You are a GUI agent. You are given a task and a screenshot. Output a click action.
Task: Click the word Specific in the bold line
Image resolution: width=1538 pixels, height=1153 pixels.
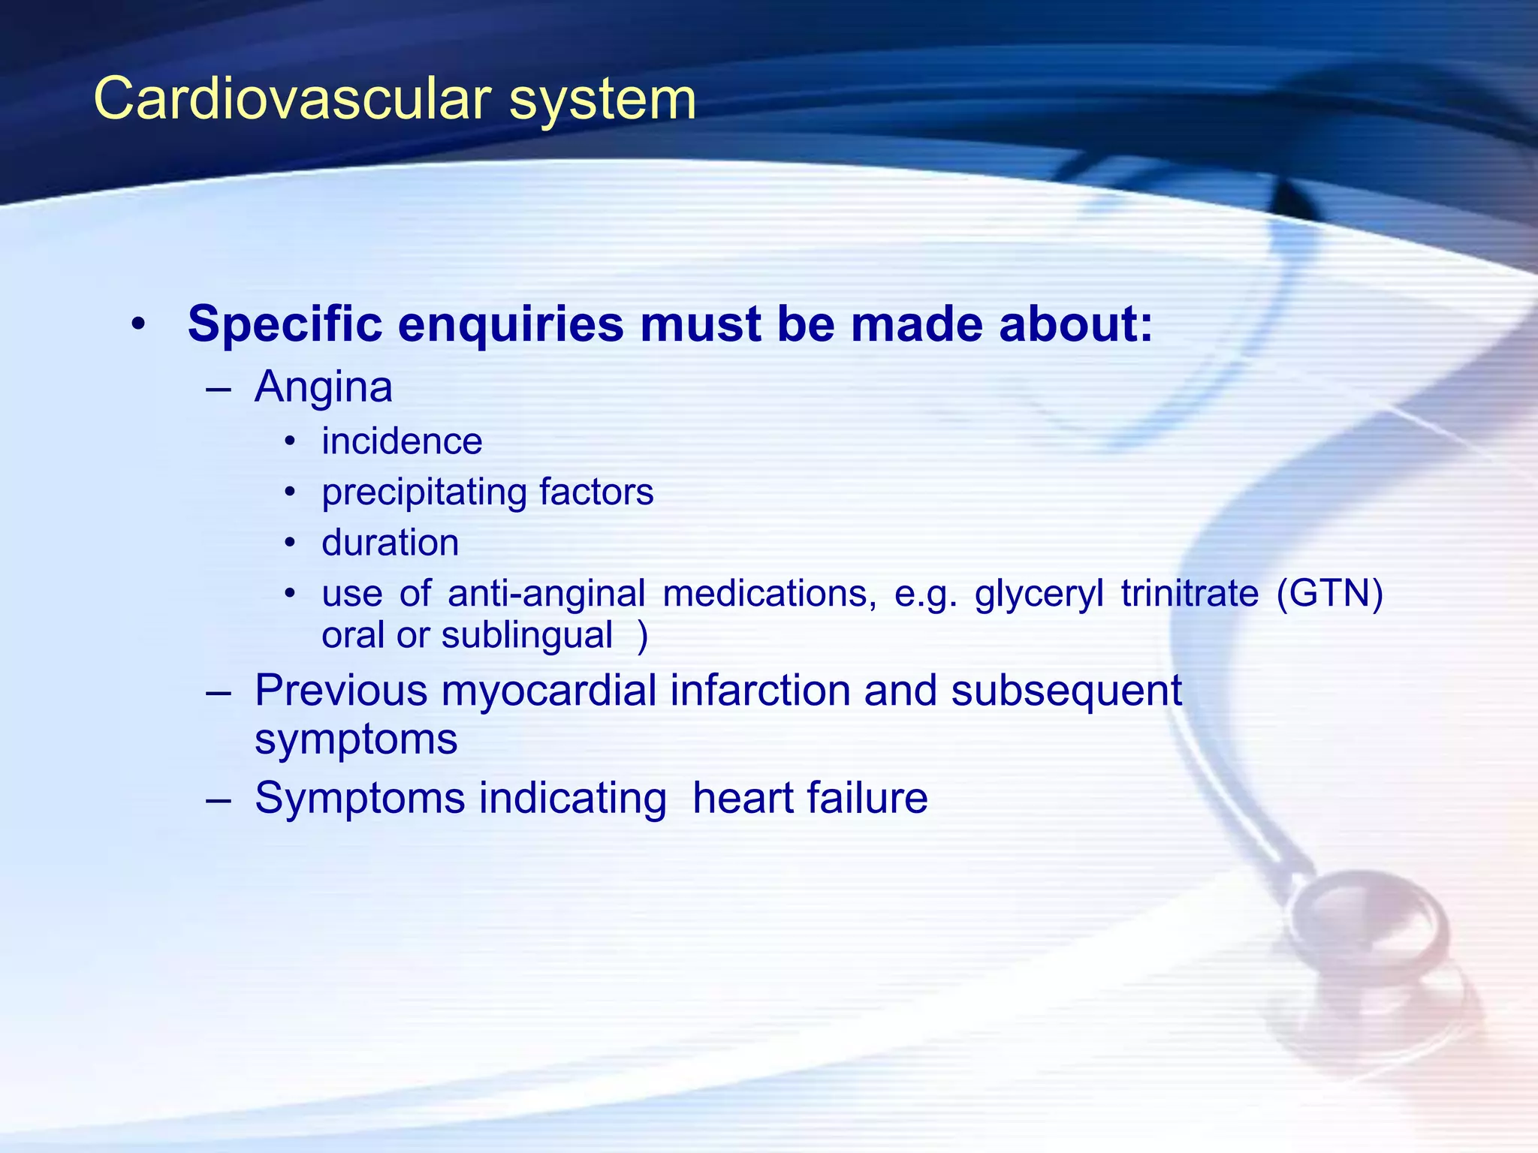[285, 324]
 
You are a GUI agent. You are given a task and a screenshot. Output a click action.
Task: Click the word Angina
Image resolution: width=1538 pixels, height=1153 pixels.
[323, 388]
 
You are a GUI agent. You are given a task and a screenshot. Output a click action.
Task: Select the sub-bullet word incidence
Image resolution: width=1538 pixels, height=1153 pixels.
[402, 441]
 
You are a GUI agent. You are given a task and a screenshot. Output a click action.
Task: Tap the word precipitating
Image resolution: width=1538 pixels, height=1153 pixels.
[424, 493]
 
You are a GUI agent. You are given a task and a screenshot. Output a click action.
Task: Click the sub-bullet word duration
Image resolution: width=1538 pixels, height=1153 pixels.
[390, 543]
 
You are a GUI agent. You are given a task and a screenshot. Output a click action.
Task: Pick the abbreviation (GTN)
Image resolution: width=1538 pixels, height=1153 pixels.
[1329, 594]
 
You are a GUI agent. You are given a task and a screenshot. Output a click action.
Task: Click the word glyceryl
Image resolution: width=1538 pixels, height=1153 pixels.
[1039, 595]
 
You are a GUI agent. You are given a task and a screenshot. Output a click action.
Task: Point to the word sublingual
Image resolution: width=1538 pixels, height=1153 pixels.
[527, 635]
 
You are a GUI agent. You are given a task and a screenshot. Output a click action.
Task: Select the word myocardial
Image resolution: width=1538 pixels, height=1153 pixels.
[548, 691]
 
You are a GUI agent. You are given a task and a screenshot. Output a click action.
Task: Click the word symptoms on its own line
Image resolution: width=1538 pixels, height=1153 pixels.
[356, 740]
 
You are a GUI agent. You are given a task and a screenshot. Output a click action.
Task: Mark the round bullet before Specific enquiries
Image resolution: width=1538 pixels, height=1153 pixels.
[137, 325]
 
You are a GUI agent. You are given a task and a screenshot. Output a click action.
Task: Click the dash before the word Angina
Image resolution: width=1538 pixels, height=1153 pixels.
[217, 390]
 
